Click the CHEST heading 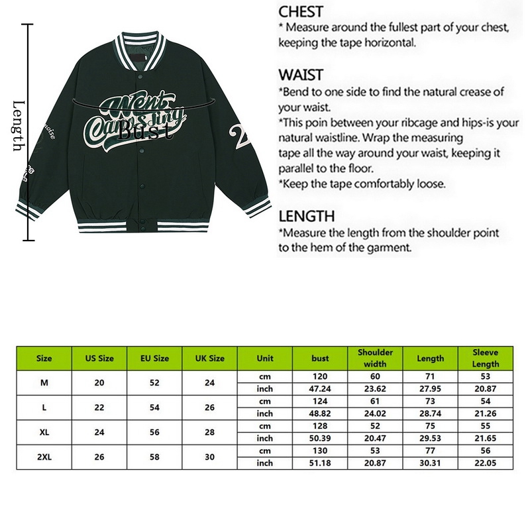coord(301,12)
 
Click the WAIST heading coord(301,74)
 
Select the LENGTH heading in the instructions coord(306,216)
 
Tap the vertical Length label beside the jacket coord(19,126)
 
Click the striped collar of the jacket coord(140,50)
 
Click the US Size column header coord(99,358)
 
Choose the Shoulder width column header coord(375,358)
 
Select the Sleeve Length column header coord(486,358)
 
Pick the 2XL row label coord(44,457)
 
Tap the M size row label coord(44,383)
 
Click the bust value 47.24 coord(320,389)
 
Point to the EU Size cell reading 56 coord(154,432)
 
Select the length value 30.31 coord(430,463)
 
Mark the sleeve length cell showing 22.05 coord(486,463)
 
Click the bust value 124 coord(320,401)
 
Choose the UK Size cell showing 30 coord(209,457)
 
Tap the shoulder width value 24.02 coord(375,413)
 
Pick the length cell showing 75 coord(430,426)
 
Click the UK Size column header coord(209,358)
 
